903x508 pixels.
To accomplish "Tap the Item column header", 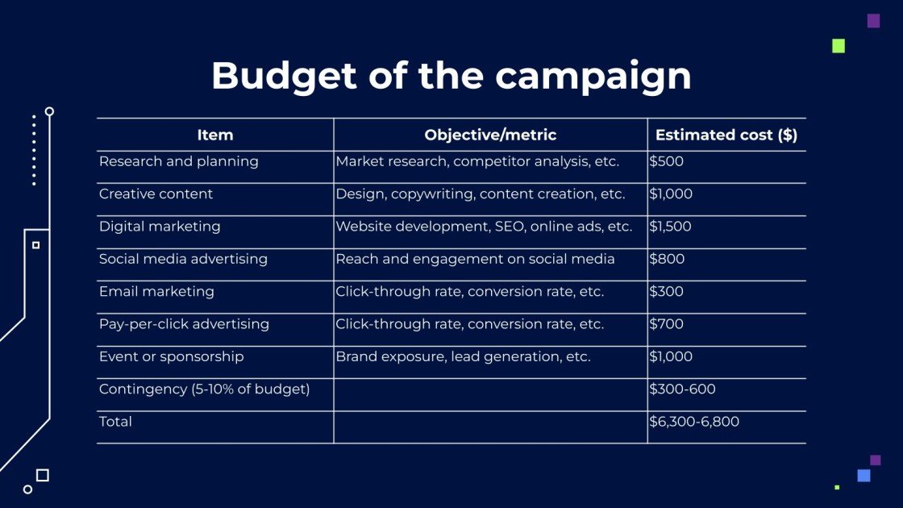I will [215, 135].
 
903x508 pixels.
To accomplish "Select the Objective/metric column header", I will [490, 135].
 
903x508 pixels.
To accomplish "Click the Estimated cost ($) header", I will [726, 135].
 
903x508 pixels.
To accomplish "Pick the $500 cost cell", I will [667, 161].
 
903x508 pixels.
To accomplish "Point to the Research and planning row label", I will [179, 161].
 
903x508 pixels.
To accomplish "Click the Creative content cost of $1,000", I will [671, 194].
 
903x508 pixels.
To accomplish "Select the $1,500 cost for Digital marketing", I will [671, 227].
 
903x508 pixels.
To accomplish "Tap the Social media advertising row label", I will [183, 259].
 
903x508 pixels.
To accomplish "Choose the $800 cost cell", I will [667, 259].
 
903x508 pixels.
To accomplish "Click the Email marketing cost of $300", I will [667, 292].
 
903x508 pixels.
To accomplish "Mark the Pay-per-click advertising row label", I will [184, 324].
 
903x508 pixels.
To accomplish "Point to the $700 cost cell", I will [667, 324].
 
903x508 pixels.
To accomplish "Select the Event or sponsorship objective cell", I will [463, 356].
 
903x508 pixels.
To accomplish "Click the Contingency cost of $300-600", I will [682, 389].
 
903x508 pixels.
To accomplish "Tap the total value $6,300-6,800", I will [694, 422].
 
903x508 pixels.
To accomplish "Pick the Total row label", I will [115, 422].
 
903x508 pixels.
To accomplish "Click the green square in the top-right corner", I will [838, 46].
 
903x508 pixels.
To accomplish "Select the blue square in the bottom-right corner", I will [863, 476].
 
